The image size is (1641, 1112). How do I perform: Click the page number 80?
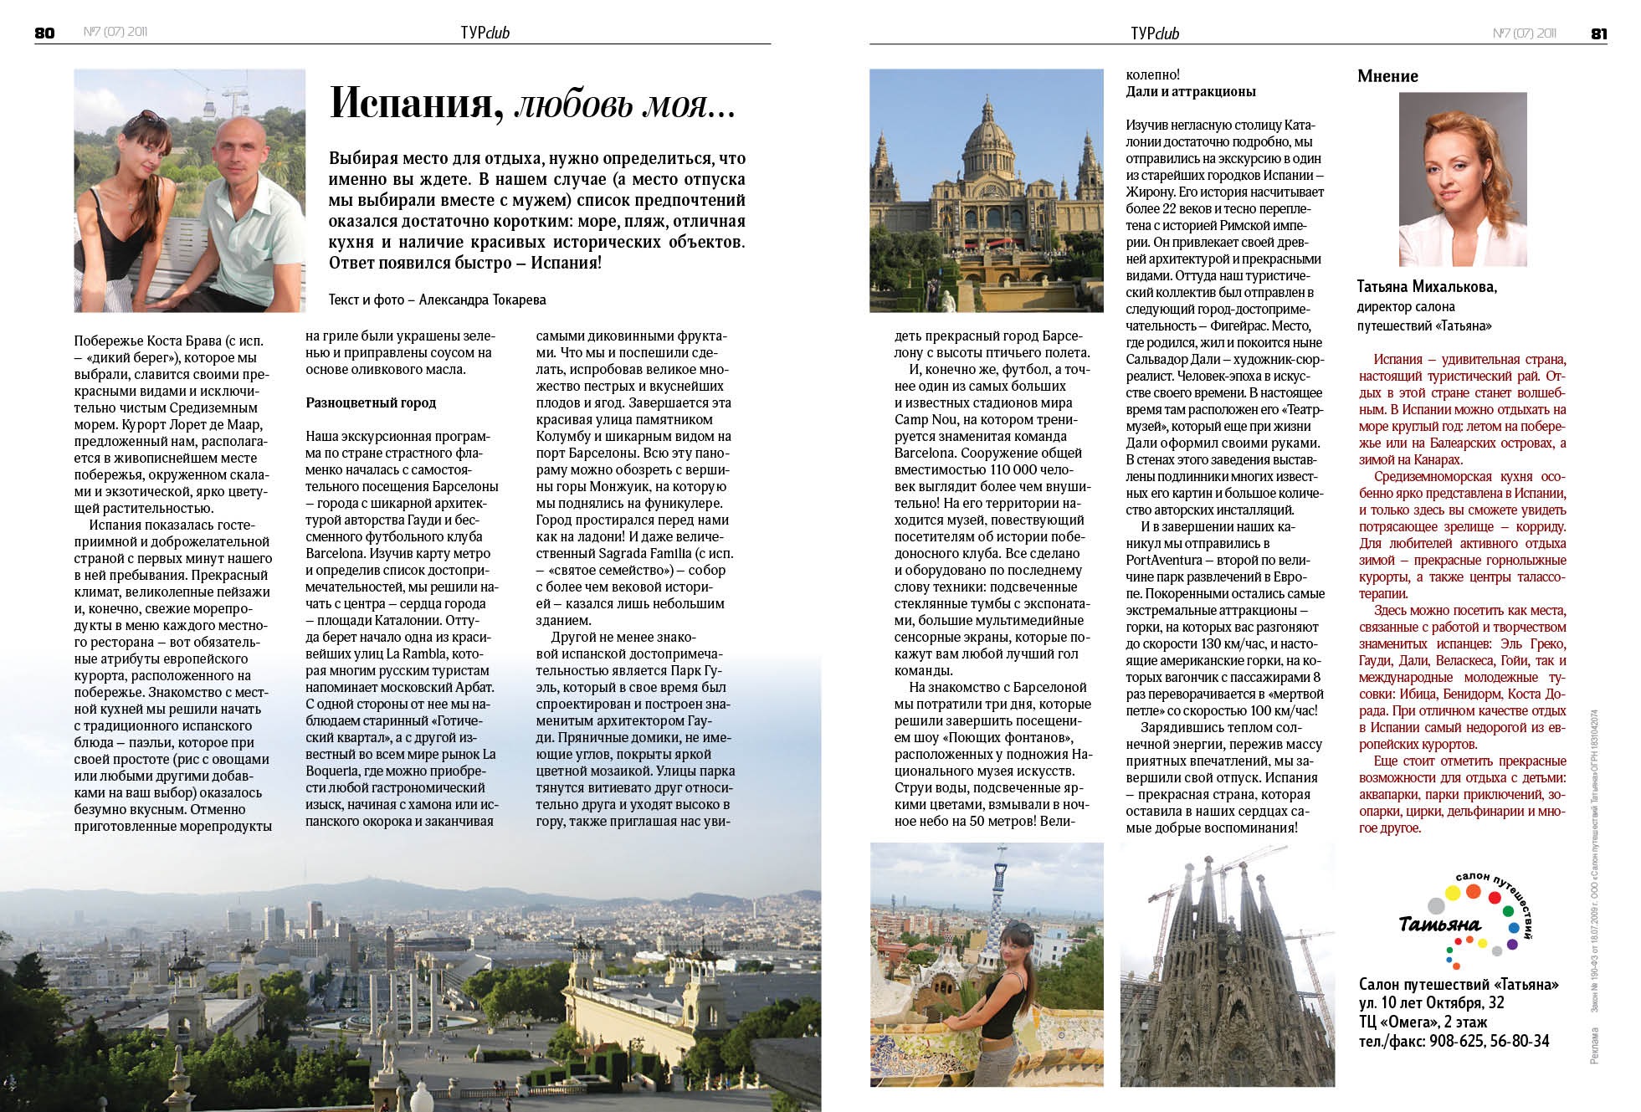coord(44,33)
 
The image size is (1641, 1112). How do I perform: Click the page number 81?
coord(1598,33)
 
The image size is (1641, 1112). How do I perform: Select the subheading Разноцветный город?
coord(371,402)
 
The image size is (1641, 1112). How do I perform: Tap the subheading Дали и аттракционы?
coord(1191,91)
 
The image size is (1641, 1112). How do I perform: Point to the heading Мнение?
coord(1387,76)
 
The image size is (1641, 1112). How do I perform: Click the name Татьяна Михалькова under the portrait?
coord(1426,287)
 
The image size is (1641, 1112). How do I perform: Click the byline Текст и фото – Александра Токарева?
coord(437,299)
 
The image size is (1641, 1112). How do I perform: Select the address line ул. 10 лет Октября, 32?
coord(1443,1002)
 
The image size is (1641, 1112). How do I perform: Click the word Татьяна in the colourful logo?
coord(1439,925)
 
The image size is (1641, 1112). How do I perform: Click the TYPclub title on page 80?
coord(485,33)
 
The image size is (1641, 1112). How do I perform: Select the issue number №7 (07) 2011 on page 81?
coord(1524,33)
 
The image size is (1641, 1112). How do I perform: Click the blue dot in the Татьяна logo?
coord(1513,928)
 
